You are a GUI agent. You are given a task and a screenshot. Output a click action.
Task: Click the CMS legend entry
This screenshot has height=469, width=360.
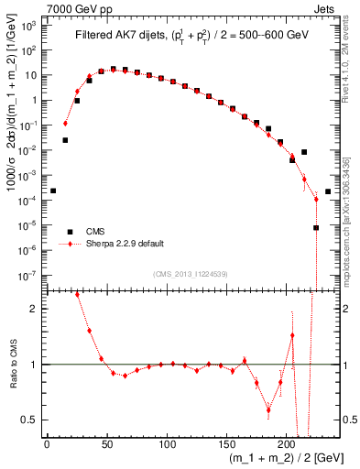pos(93,232)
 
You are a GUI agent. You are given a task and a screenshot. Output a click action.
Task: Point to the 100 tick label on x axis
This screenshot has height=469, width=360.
pos(167,445)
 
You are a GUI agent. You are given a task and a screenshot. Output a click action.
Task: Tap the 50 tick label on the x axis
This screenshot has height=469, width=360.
pos(106,445)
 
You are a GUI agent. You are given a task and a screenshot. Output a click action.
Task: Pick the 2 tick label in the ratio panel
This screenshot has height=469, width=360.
pos(34,309)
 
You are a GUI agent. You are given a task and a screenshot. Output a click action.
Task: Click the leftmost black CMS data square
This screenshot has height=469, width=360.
pos(53,191)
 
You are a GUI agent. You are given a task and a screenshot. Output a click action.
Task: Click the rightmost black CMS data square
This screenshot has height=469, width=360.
pos(328,191)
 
